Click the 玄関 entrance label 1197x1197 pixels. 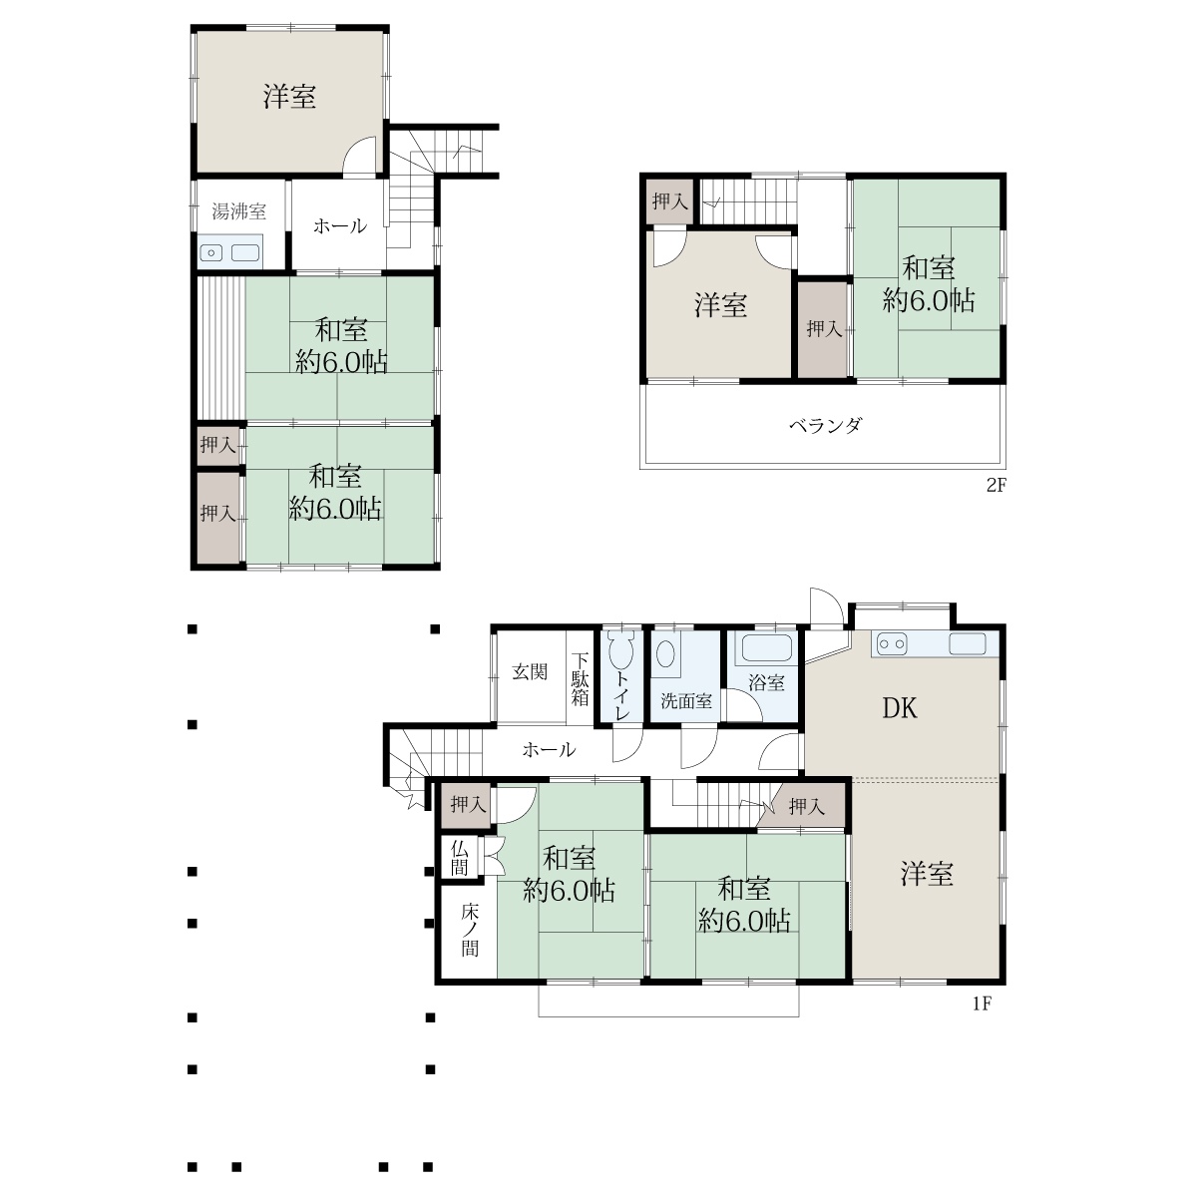point(530,671)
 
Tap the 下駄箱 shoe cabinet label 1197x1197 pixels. point(580,678)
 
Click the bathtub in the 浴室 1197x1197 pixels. point(766,648)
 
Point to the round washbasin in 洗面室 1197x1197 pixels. point(665,654)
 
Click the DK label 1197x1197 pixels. point(900,708)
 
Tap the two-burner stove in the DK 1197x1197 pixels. point(892,644)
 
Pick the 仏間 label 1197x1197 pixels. point(459,857)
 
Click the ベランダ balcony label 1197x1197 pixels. point(826,425)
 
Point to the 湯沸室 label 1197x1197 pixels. point(238,211)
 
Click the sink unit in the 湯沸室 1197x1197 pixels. point(229,252)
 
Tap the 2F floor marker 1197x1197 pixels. point(996,485)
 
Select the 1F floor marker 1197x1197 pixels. point(982,1003)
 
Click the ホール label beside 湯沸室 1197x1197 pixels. point(340,225)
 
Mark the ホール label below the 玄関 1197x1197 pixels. point(549,749)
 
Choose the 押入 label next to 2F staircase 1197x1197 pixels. point(669,200)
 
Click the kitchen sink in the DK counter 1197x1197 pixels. point(968,643)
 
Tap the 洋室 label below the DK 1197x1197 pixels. point(926,874)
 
